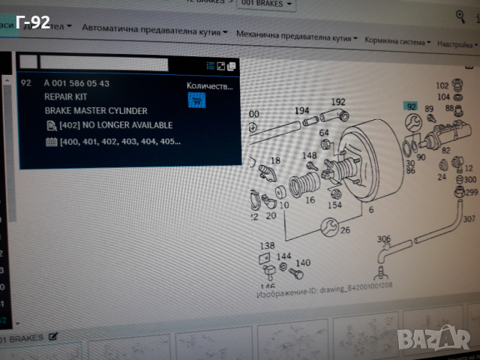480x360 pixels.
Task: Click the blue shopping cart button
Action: point(196,102)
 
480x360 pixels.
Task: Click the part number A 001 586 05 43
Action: point(76,83)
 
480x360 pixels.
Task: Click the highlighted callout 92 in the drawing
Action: point(410,106)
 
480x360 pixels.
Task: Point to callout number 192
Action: point(338,102)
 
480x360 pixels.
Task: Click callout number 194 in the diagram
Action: point(301,110)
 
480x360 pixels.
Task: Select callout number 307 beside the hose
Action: point(469,220)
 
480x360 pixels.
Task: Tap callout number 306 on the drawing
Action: point(384,239)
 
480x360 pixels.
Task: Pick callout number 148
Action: point(309,155)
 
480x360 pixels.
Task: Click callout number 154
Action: point(334,205)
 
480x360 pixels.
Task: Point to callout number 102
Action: point(442,85)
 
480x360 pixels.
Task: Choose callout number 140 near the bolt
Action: point(303,263)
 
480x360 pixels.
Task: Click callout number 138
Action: point(268,245)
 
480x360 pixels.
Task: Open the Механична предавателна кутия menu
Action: point(295,34)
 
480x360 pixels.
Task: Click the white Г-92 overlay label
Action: point(32,22)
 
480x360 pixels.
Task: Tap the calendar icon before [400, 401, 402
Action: point(51,141)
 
